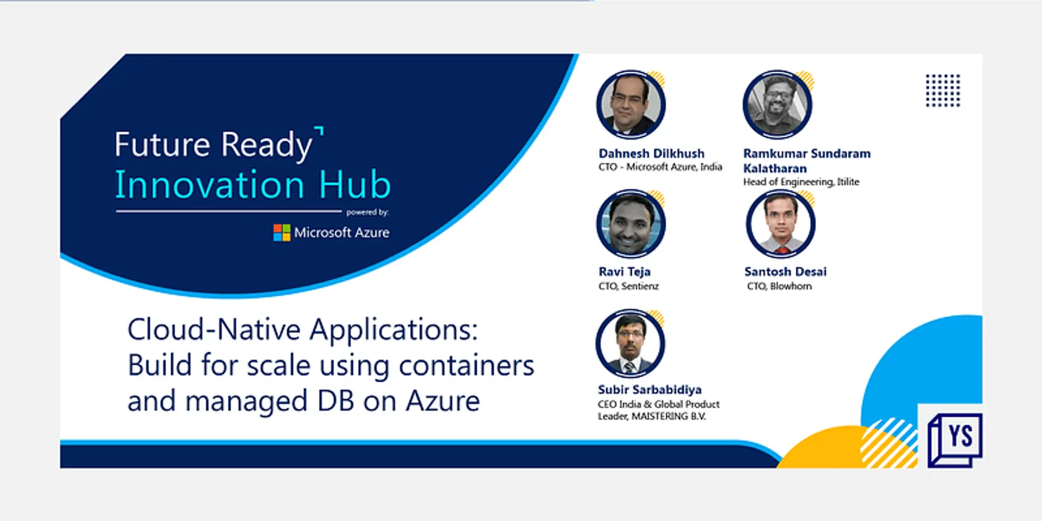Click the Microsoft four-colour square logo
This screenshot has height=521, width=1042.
click(282, 233)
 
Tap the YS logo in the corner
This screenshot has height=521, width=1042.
click(956, 439)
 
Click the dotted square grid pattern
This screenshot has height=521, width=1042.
click(943, 91)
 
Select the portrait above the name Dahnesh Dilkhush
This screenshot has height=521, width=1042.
click(631, 105)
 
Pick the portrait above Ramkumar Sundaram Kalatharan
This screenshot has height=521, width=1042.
click(777, 105)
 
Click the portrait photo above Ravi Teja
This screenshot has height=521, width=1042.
click(631, 224)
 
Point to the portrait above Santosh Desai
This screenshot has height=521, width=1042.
click(780, 224)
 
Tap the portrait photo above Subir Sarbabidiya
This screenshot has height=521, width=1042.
click(630, 344)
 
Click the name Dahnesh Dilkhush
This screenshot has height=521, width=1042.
click(651, 154)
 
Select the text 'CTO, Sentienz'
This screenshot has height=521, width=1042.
click(628, 286)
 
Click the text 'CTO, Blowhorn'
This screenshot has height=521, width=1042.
click(779, 286)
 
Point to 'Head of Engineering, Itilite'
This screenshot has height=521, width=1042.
click(801, 182)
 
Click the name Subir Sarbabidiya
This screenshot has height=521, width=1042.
click(650, 390)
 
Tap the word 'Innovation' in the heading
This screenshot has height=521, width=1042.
click(209, 185)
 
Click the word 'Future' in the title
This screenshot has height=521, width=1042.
click(162, 145)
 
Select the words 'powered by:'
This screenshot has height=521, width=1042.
click(367, 212)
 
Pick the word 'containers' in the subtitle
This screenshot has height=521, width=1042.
click(466, 365)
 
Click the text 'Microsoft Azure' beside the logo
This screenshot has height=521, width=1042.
click(341, 233)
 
